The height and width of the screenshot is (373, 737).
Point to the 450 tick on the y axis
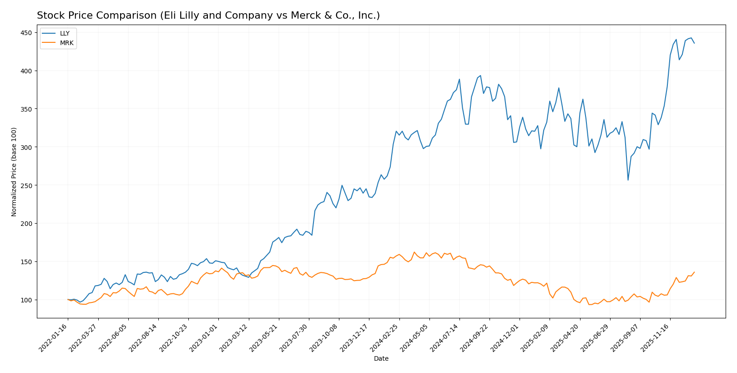point(26,33)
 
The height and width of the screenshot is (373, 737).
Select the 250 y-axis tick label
point(26,185)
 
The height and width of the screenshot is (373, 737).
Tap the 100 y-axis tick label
point(26,300)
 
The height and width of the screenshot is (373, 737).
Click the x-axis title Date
point(381,359)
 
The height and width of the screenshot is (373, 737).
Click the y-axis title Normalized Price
point(14,172)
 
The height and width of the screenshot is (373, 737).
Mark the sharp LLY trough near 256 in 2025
point(628,180)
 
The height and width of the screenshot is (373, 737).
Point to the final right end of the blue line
point(694,43)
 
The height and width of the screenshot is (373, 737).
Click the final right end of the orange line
point(694,272)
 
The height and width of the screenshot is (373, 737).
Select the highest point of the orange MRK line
point(414,252)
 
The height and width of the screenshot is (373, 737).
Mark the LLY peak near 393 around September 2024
point(480,76)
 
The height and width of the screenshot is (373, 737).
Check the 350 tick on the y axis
point(26,109)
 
